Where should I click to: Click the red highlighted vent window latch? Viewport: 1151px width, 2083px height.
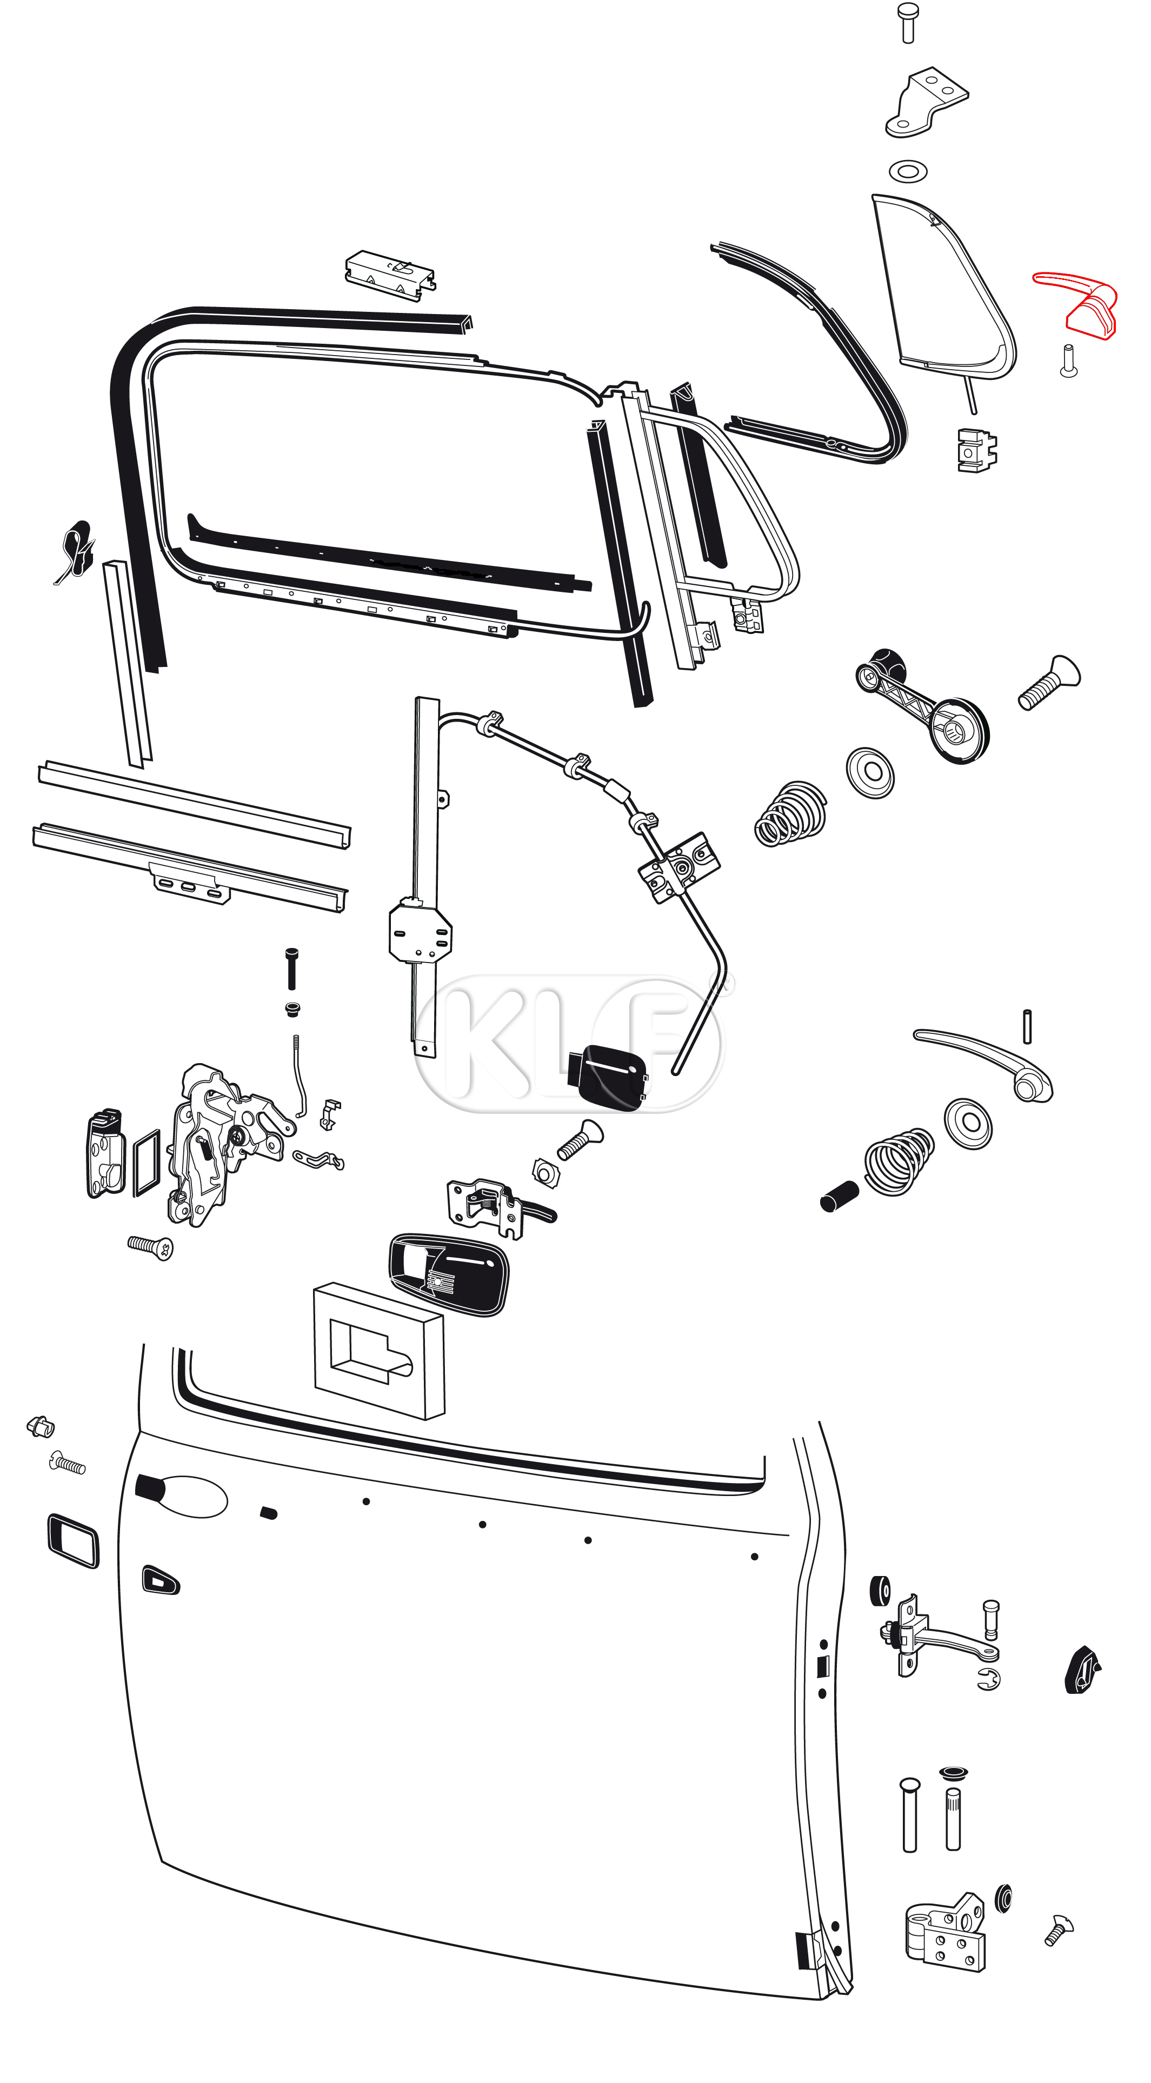coord(1084,306)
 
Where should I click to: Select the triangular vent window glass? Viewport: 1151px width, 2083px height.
coord(942,287)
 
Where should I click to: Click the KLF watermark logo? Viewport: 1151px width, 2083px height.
coord(571,1043)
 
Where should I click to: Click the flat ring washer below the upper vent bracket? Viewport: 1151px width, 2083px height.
coord(908,171)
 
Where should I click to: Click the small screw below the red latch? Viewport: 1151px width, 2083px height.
coord(1068,360)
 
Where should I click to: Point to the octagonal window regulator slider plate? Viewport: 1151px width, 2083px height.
coord(420,934)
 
